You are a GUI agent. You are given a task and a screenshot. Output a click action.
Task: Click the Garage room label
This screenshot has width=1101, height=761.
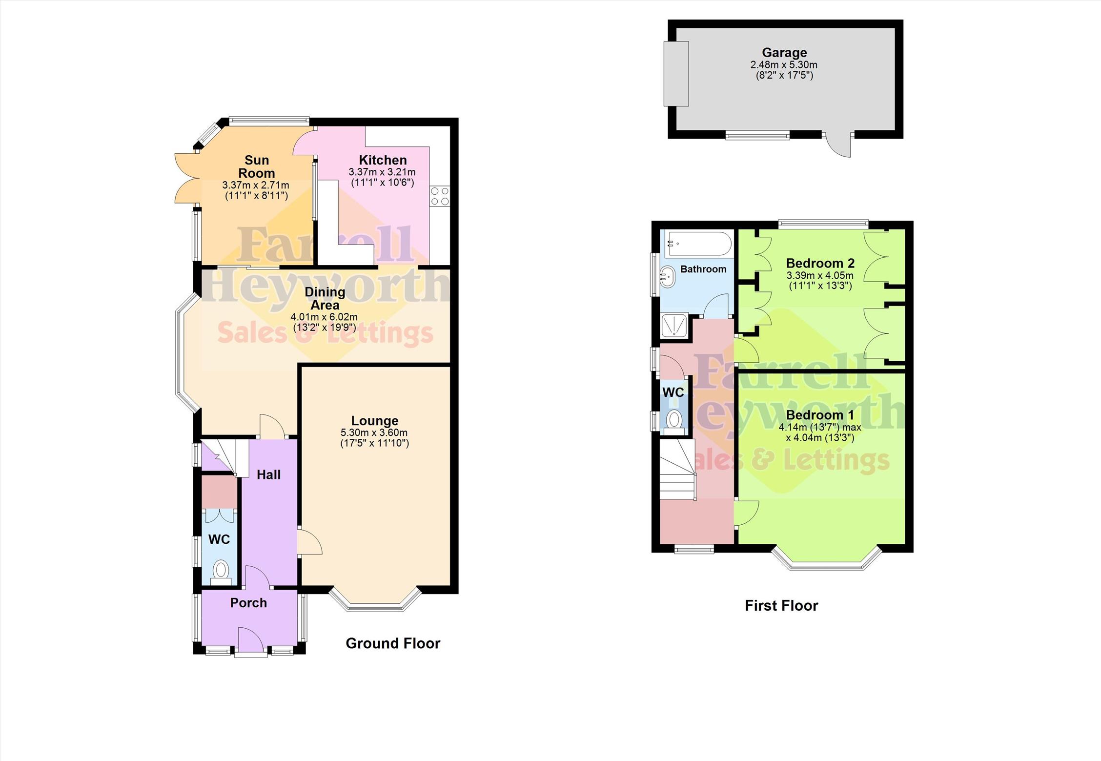[784, 52]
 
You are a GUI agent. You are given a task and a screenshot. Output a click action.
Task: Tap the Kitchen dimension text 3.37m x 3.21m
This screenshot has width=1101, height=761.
[382, 172]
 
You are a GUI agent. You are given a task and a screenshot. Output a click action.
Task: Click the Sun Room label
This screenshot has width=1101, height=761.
[256, 166]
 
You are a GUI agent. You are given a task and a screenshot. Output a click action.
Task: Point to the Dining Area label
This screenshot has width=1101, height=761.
[325, 298]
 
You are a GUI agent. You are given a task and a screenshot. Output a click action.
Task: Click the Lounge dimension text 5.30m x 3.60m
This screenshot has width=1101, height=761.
[374, 432]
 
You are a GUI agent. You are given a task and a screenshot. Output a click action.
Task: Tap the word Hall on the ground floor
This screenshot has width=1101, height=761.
[268, 474]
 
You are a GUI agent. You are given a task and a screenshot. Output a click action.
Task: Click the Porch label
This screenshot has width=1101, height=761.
[248, 603]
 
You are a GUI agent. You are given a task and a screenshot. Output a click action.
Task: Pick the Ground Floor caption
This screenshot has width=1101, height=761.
[393, 643]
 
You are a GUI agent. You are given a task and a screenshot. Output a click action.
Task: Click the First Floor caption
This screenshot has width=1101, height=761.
[781, 605]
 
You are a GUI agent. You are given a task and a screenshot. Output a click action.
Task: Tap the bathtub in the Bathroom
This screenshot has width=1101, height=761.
[699, 244]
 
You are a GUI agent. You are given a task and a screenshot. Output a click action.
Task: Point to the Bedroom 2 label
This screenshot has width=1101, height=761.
[820, 263]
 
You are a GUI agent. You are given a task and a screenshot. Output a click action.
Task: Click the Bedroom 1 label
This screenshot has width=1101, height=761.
[820, 415]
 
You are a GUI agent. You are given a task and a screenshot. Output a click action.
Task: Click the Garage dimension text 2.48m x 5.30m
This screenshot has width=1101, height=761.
[784, 64]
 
